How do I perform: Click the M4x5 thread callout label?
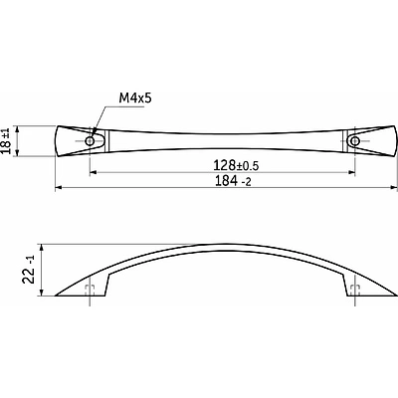[x=135, y=99]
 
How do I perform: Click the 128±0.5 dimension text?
[x=236, y=165]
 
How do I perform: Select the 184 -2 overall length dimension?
[x=233, y=181]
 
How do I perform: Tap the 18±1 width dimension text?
[x=7, y=141]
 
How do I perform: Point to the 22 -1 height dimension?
[x=29, y=270]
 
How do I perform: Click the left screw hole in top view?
[x=90, y=141]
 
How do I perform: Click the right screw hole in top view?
[x=355, y=141]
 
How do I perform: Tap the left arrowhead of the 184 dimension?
[x=59, y=188]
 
